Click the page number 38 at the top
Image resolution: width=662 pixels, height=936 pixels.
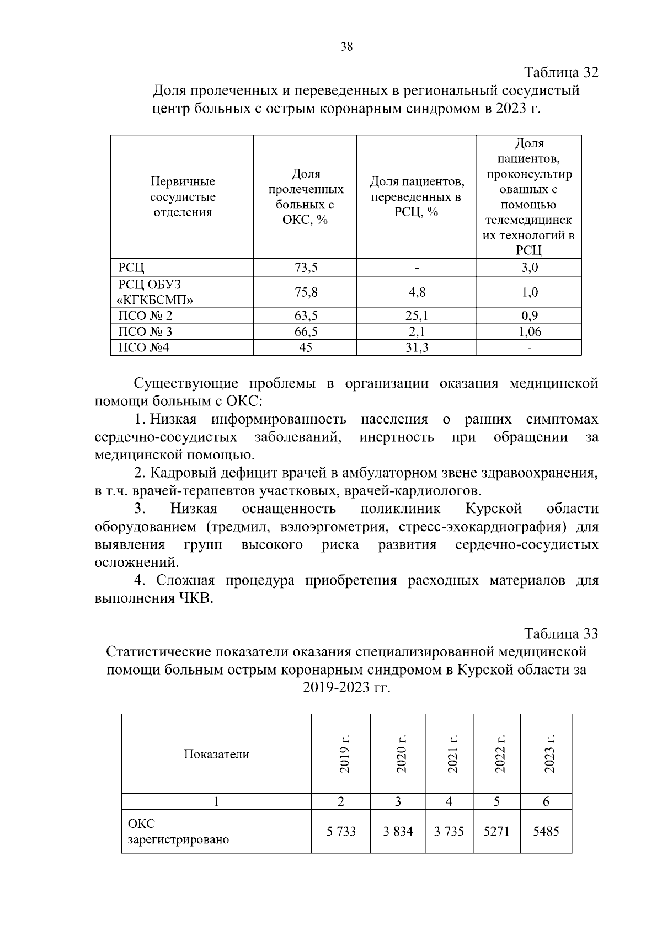(x=346, y=47)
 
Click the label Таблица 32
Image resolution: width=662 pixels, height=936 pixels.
(x=561, y=73)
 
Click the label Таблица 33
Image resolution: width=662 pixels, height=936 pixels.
(x=561, y=633)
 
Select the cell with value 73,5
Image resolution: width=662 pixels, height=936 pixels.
(x=306, y=268)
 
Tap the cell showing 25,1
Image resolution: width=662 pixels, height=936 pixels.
(x=417, y=316)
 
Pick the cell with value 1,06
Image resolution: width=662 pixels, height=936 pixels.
(x=530, y=331)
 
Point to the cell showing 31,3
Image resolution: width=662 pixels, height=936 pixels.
(x=417, y=347)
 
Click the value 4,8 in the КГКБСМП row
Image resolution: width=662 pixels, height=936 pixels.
(x=417, y=292)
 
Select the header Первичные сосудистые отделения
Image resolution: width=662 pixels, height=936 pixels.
(x=183, y=197)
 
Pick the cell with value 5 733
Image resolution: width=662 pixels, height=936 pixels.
(x=341, y=831)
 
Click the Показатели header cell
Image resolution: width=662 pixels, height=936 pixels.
(x=216, y=755)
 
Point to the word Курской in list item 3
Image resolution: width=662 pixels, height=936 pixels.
(x=494, y=508)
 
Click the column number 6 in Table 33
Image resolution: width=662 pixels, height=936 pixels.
(x=546, y=802)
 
